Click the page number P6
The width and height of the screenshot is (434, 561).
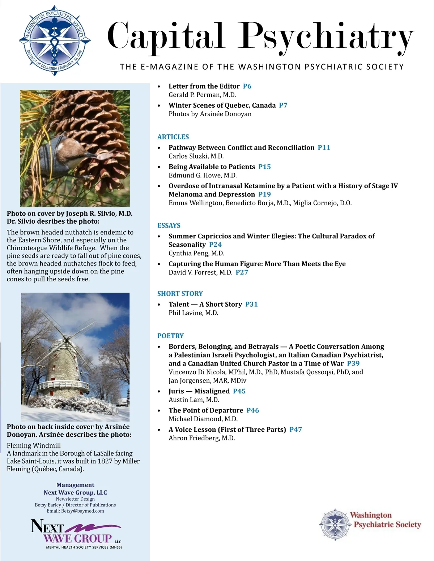click(247, 86)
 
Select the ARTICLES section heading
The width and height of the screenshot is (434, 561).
click(173, 137)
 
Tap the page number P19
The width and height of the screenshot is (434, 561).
click(264, 194)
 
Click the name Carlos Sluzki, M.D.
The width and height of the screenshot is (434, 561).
click(196, 156)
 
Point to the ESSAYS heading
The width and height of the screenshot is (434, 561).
click(169, 225)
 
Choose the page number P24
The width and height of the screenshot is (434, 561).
click(215, 245)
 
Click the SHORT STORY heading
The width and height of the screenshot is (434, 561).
click(180, 294)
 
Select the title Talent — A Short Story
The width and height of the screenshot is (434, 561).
click(205, 304)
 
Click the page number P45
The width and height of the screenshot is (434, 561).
click(239, 391)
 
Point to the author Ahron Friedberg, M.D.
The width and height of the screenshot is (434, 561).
click(201, 438)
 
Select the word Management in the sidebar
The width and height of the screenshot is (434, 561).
click(75, 485)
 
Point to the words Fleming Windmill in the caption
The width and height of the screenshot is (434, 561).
click(34, 445)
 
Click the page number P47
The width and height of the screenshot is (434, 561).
click(295, 430)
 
